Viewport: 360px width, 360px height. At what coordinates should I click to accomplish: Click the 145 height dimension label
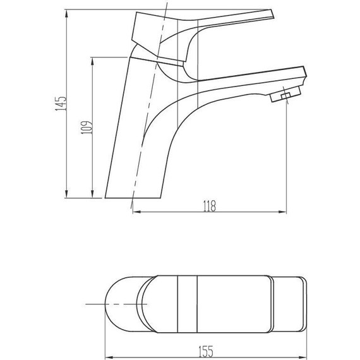coord(61,104)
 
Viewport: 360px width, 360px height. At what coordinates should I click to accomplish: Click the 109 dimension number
coord(87,128)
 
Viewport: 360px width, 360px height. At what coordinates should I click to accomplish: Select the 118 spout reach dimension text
coord(210,206)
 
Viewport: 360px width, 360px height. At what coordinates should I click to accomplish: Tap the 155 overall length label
coord(205,351)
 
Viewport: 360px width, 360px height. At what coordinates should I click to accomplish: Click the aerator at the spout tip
coord(285,94)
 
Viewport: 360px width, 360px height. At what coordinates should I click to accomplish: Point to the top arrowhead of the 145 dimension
coord(66,13)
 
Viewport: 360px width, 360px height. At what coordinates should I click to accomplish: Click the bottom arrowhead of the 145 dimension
coord(66,194)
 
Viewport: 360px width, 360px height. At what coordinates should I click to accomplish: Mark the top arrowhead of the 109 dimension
coord(92,61)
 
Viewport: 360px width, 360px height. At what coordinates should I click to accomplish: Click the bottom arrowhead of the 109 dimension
coord(92,194)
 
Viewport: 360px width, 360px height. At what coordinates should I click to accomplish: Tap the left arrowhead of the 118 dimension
coord(137,212)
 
